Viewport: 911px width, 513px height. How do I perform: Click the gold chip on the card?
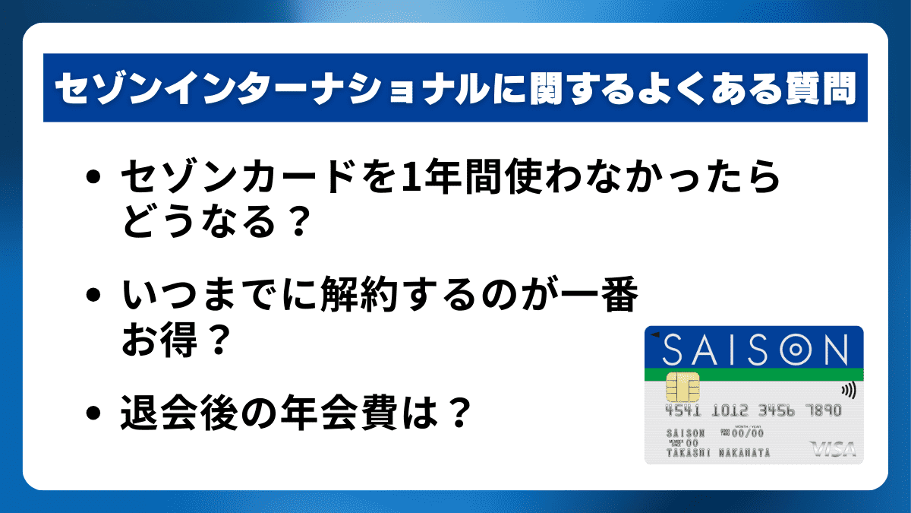click(x=682, y=388)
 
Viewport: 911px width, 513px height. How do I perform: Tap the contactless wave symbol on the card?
click(x=847, y=391)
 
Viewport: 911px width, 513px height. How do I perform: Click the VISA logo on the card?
click(x=833, y=449)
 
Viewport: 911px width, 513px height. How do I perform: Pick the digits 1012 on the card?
click(x=730, y=411)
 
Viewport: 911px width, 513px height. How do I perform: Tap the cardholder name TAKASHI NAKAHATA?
click(x=717, y=453)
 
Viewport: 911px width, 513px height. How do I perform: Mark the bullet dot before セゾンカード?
click(x=94, y=180)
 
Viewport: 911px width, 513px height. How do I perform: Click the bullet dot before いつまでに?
click(x=94, y=297)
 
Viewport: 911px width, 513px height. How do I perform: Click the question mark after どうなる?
click(x=298, y=221)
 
